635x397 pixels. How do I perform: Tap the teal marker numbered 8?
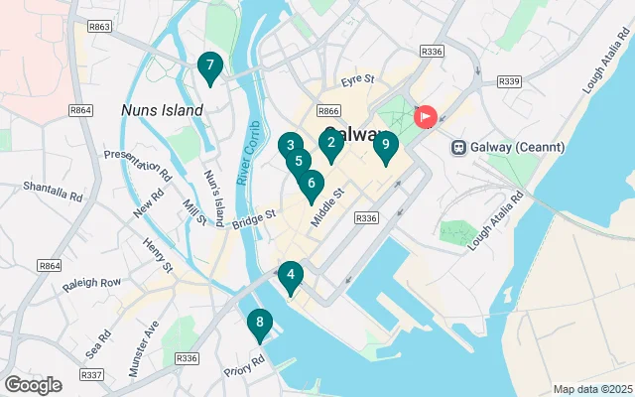click(259, 323)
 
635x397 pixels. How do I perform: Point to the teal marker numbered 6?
click(312, 184)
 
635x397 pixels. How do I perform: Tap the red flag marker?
click(426, 117)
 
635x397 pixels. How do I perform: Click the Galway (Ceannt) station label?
click(508, 148)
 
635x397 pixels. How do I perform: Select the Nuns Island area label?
click(162, 109)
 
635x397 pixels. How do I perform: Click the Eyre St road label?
click(356, 79)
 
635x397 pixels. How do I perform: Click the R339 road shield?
click(510, 81)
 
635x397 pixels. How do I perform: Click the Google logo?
click(33, 384)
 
